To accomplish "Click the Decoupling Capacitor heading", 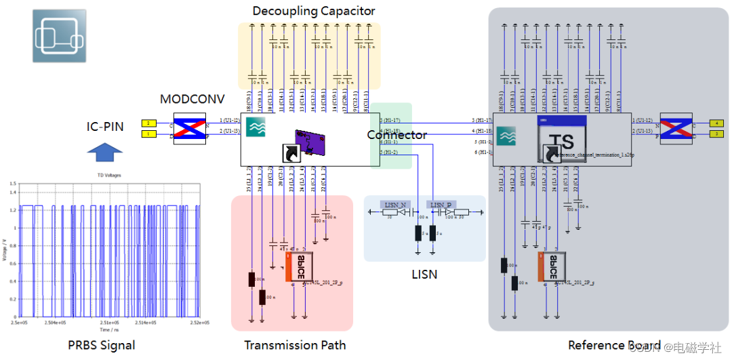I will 314,11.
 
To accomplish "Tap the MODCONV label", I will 192,99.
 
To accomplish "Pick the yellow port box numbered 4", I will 716,123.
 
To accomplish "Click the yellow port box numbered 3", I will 716,134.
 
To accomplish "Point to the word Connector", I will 397,135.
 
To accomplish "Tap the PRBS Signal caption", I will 102,345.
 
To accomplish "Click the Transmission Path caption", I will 295,345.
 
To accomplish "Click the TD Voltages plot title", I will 108,176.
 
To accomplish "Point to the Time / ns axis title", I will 109,329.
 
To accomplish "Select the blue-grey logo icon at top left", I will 60,36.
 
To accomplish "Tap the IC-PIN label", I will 105,126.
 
